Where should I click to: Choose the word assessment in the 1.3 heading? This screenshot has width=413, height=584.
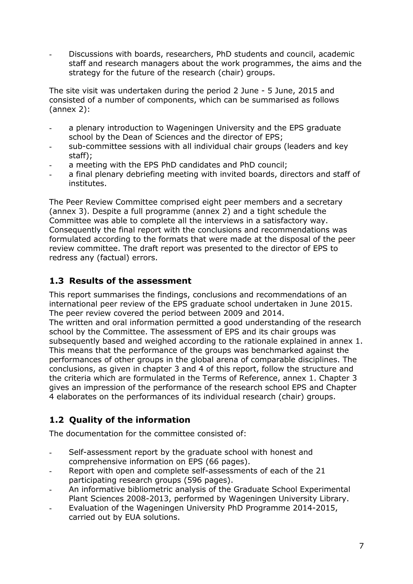[x=164, y=281]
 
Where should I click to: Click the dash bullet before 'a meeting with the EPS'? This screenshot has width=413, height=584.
[x=51, y=165]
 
